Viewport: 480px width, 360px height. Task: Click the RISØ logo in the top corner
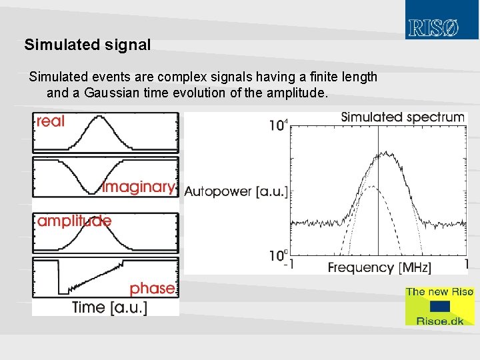pyautogui.click(x=434, y=28)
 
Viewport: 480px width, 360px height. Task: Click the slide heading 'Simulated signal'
pyautogui.click(x=87, y=45)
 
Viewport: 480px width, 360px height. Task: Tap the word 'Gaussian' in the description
pyautogui.click(x=113, y=93)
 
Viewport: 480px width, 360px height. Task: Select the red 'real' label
pyautogui.click(x=51, y=121)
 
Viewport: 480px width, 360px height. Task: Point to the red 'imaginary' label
pyautogui.click(x=139, y=187)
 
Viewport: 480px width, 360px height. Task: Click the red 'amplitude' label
pyautogui.click(x=74, y=221)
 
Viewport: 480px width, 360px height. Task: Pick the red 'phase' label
pyautogui.click(x=152, y=288)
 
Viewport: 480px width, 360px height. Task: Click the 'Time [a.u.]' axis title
pyautogui.click(x=109, y=307)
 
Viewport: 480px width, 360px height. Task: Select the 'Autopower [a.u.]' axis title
pyautogui.click(x=235, y=192)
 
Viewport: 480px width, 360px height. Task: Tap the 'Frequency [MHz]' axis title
pyautogui.click(x=379, y=267)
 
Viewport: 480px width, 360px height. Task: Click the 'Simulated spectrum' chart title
pyautogui.click(x=403, y=117)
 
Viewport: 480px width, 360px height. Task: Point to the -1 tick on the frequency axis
pyautogui.click(x=289, y=265)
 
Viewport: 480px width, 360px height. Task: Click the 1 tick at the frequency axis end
pyautogui.click(x=465, y=265)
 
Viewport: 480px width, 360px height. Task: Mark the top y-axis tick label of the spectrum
pyautogui.click(x=278, y=125)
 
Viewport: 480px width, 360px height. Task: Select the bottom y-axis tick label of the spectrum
pyautogui.click(x=278, y=255)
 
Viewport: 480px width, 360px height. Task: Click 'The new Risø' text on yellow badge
pyautogui.click(x=439, y=292)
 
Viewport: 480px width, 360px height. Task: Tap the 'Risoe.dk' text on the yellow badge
pyautogui.click(x=440, y=320)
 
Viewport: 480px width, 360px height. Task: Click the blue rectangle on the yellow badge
pyautogui.click(x=440, y=306)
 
